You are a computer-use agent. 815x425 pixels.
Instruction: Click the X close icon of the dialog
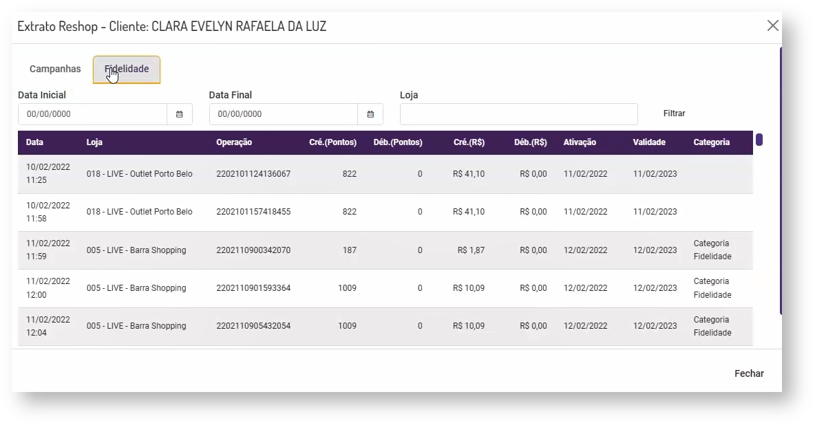pos(772,26)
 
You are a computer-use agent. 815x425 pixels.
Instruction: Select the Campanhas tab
pos(55,69)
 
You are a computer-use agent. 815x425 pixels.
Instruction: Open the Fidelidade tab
pos(127,69)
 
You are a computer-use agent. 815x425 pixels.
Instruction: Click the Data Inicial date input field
pos(92,114)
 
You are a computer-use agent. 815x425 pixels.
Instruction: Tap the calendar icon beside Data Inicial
pos(180,114)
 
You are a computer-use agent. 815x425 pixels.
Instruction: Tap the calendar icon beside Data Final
pos(370,114)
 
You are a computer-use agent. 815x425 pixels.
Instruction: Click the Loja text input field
pos(518,114)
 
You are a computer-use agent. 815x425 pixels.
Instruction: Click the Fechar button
pos(749,373)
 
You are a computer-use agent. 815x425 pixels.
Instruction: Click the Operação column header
pos(234,142)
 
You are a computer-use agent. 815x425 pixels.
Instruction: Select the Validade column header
pos(649,142)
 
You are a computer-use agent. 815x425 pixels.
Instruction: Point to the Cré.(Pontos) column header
pos(332,142)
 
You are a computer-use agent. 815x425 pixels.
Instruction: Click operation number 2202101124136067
pos(253,174)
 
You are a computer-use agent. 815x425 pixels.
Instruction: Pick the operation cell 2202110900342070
pos(253,250)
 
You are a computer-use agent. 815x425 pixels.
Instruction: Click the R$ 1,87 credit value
pos(471,250)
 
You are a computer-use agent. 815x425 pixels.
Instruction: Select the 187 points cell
pos(350,250)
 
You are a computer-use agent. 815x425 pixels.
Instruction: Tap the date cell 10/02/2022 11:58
pos(48,212)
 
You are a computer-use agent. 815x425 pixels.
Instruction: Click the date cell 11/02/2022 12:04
pos(48,326)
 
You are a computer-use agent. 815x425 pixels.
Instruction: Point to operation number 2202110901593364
pos(253,288)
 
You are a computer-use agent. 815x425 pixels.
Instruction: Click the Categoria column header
pos(712,142)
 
